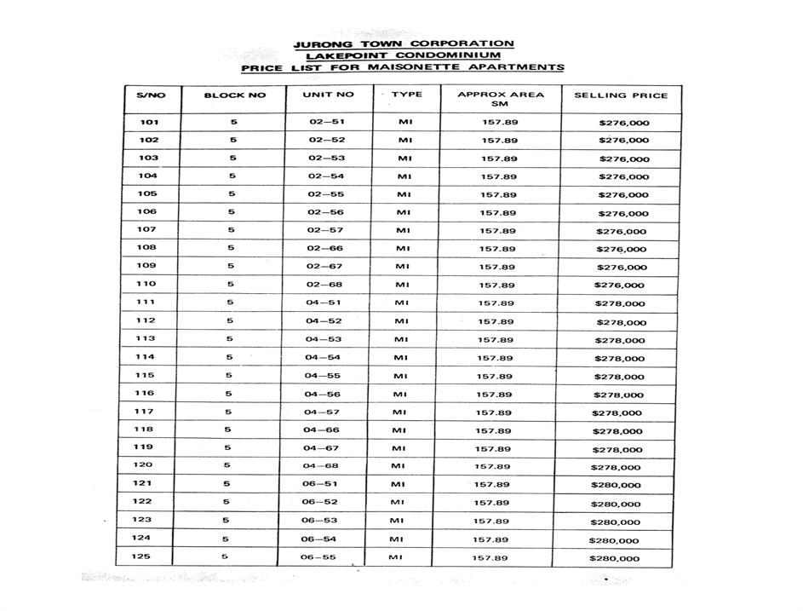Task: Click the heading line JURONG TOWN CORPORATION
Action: tap(403, 43)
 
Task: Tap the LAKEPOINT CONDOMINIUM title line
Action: tap(402, 55)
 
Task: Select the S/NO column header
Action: tap(151, 95)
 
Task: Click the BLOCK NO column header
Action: tap(235, 95)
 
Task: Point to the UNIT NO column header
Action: tap(328, 95)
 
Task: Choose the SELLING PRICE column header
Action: tap(621, 95)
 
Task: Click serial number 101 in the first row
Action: tap(149, 122)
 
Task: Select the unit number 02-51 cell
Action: tap(327, 122)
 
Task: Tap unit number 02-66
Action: tap(326, 249)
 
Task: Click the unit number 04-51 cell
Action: tap(324, 303)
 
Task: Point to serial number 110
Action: tap(146, 285)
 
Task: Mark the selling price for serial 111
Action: tap(620, 304)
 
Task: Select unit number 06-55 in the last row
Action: tap(318, 557)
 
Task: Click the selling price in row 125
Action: tap(614, 559)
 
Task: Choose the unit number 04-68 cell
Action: tap(321, 466)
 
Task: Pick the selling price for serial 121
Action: tap(616, 486)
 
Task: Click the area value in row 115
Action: tap(494, 376)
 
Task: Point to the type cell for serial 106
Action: tap(404, 212)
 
